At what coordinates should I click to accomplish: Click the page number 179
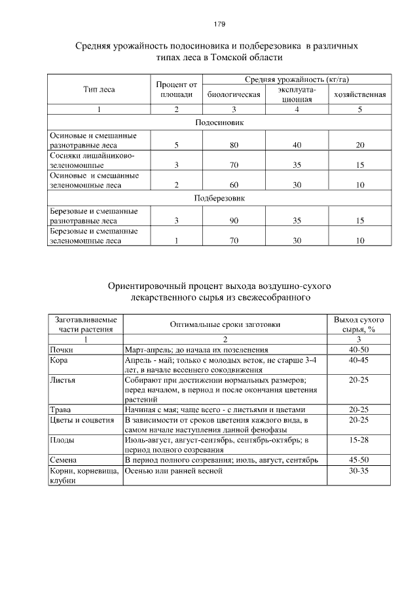coord(219,24)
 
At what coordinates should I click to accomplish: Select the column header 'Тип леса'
coord(99,89)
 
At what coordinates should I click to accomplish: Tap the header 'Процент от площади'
coord(176,89)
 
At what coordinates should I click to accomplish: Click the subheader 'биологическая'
coord(234,94)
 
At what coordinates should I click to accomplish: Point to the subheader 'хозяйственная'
coord(359,94)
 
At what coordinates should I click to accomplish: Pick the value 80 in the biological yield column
coord(234,144)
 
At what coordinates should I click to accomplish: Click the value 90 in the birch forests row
coord(234,220)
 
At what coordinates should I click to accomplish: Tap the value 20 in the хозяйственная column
coord(359,144)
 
